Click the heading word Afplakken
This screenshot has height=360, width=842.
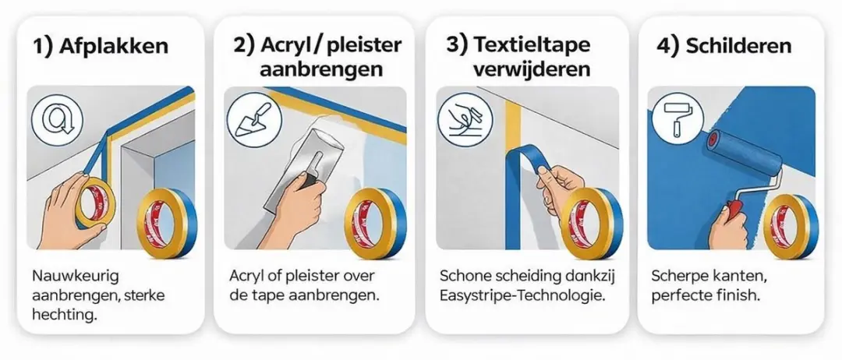[x=114, y=46]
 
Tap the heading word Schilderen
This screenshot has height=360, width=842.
[x=739, y=46]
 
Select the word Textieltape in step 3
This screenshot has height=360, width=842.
[x=532, y=44]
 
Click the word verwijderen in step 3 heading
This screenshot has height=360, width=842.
[x=532, y=70]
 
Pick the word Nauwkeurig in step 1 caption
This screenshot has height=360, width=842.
[x=76, y=277]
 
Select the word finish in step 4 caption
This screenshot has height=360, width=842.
[x=741, y=295]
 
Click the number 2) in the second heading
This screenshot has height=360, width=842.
[x=243, y=45]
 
